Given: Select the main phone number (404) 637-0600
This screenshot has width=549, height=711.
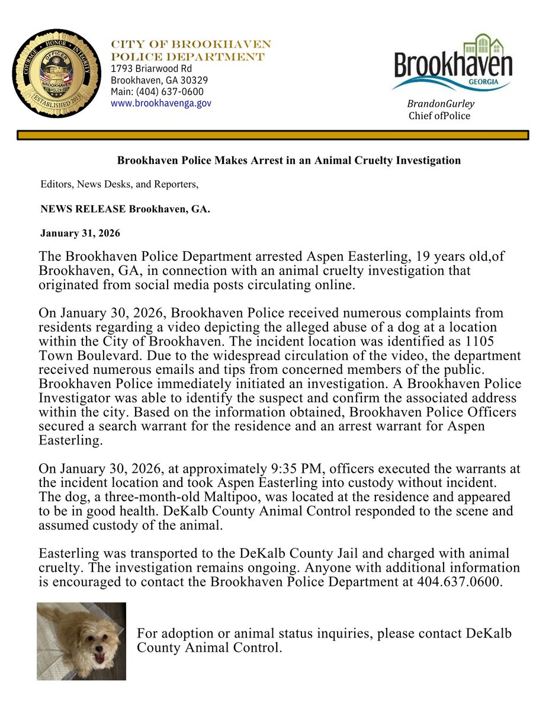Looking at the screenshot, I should click(x=157, y=91).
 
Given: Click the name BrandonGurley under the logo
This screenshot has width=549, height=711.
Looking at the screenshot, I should click(x=441, y=104).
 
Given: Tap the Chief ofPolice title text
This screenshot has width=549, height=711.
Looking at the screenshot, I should click(x=439, y=116).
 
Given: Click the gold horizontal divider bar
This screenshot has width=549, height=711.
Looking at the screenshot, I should click(x=272, y=136).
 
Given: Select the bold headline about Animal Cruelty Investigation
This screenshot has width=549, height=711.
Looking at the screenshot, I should click(x=288, y=160).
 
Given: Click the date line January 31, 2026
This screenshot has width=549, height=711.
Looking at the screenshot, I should click(x=80, y=233).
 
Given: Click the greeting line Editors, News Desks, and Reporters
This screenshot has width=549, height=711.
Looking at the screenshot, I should click(x=119, y=185).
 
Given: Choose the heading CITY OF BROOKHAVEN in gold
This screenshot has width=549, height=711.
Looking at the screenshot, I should click(x=191, y=45).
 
